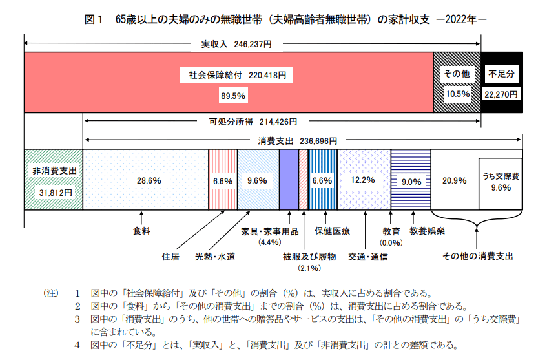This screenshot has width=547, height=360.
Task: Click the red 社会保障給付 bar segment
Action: [x=129, y=82]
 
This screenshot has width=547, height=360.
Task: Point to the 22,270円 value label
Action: [x=501, y=94]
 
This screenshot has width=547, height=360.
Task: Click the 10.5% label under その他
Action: [x=457, y=94]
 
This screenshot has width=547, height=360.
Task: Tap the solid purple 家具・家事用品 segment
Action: [x=288, y=179]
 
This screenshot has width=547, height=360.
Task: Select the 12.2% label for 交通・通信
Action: [x=363, y=180]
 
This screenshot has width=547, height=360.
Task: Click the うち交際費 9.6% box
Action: [x=501, y=182]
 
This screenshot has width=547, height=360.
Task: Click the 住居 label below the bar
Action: [x=170, y=257]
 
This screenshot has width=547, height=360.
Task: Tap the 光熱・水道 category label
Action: [x=215, y=257]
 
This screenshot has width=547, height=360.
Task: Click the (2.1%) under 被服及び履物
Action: [x=309, y=268]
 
